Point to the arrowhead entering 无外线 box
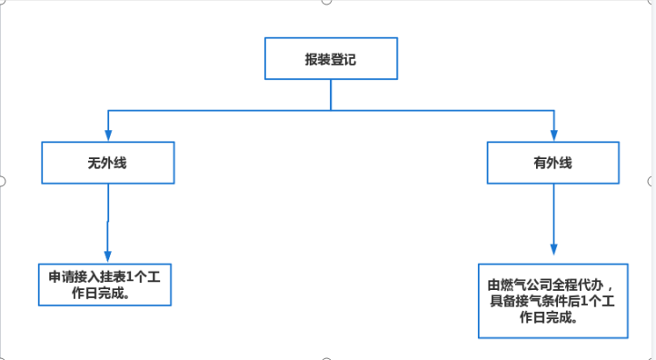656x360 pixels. click(108, 135)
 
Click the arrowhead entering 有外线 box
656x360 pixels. click(554, 135)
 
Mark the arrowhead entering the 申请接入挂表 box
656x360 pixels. click(107, 256)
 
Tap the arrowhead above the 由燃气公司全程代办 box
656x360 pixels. click(554, 249)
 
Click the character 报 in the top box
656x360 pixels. click(312, 59)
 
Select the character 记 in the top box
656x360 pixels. click(350, 59)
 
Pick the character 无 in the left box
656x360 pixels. click(94, 163)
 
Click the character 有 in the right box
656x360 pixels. click(540, 163)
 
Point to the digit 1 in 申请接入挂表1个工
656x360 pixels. click(129, 276)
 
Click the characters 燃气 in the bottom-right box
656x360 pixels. click(513, 285)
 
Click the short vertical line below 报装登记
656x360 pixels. click(331, 95)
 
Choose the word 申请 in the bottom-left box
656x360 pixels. click(62, 276)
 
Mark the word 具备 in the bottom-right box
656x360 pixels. click(502, 301)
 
